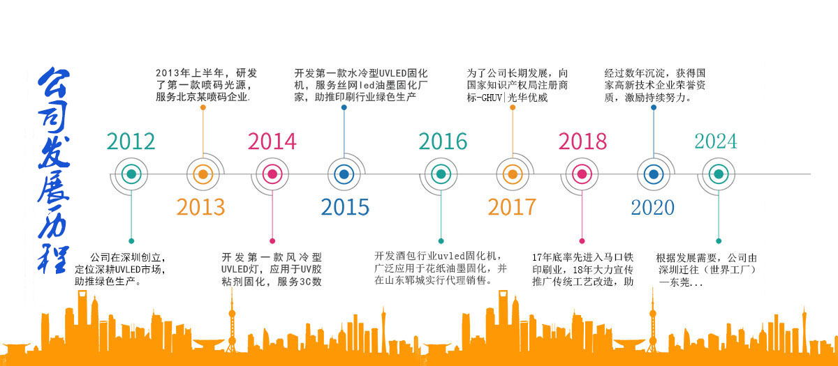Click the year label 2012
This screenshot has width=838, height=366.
click(131, 141)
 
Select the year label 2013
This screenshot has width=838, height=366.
click(200, 207)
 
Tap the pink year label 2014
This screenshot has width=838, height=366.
click(272, 141)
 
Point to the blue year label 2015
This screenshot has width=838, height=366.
click(344, 207)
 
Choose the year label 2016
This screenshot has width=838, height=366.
click(443, 141)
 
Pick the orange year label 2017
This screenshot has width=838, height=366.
click(512, 207)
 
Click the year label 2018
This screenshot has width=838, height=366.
click(582, 141)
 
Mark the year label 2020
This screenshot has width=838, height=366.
click(652, 207)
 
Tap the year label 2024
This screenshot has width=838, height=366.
click(715, 141)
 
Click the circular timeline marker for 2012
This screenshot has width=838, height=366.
click(130, 174)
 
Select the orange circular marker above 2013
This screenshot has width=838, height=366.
click(202, 174)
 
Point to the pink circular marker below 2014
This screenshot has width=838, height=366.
click(272, 174)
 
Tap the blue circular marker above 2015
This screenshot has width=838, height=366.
click(343, 174)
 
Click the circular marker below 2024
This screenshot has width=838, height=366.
click(717, 174)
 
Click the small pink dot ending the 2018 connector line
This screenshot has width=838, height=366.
click(582, 241)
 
